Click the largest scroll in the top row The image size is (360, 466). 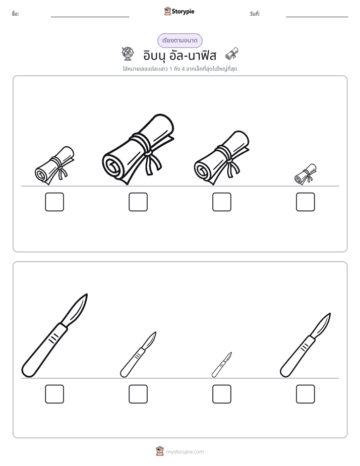pos(139,149)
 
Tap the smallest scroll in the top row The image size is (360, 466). pos(306,174)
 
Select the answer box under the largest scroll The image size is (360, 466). pos(138,202)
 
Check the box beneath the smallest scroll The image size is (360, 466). pos(306,202)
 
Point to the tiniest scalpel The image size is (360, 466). pos(221,365)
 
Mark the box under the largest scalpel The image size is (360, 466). pos(54,394)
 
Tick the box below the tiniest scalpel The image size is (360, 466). pos(221,394)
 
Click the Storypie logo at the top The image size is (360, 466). pos(179,11)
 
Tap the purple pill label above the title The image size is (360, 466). pos(179,40)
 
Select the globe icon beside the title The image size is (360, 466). pos(128,54)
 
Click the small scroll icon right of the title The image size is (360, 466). pos(232,53)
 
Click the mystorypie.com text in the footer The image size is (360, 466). pos(185,452)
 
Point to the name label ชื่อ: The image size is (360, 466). pos(16,14)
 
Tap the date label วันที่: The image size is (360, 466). pos(255,14)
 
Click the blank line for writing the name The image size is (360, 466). pos(90,17)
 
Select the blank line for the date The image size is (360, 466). pos(317,17)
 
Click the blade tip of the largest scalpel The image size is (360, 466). pos(87,294)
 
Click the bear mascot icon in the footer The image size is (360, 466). pos(160,451)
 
